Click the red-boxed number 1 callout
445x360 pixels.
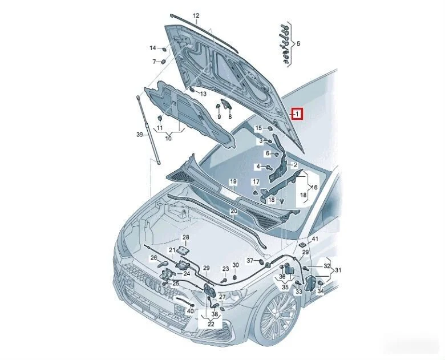297,114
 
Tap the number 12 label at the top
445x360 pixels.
196,15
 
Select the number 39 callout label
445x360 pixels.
140,135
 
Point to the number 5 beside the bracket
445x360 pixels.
298,44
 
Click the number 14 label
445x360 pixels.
153,48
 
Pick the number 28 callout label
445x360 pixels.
185,237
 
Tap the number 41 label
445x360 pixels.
315,239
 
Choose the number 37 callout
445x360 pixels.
250,260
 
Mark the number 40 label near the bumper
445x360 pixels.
190,311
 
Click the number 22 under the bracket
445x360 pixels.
211,324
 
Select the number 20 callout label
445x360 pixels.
233,211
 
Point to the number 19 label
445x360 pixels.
233,181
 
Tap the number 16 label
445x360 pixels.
314,187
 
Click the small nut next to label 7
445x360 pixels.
163,62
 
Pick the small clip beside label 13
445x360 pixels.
192,90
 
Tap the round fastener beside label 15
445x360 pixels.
269,128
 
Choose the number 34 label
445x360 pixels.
321,291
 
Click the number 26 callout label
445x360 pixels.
153,258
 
